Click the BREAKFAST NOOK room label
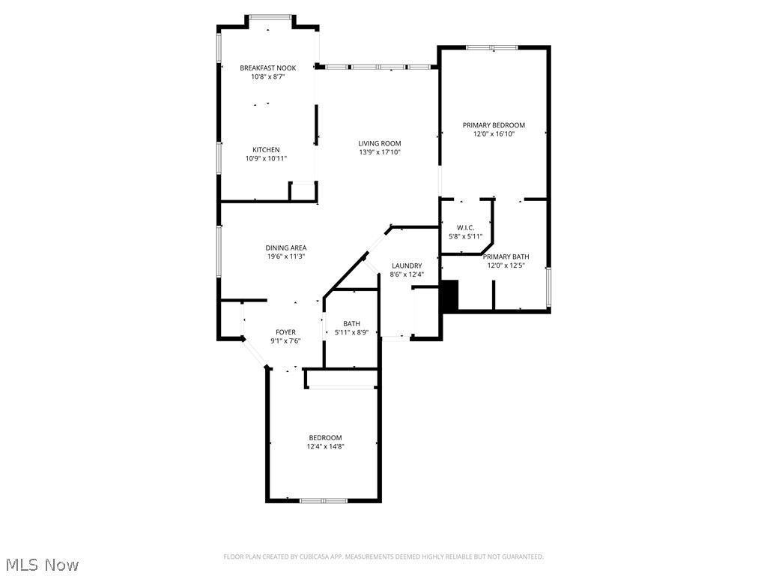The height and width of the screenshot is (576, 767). click(x=267, y=68)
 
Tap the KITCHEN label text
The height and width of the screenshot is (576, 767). click(x=266, y=150)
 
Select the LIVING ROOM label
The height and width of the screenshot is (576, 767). click(x=379, y=143)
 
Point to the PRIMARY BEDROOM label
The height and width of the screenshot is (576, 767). click(x=494, y=125)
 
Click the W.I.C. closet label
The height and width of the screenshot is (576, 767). click(x=465, y=227)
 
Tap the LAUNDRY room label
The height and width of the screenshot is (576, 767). click(x=407, y=265)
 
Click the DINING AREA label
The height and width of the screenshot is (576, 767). click(x=285, y=247)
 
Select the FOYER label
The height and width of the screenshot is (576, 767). click(x=285, y=332)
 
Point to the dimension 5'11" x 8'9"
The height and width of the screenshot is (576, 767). click(x=351, y=332)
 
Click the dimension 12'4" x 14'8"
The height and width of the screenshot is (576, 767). click(x=325, y=446)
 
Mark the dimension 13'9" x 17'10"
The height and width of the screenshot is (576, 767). click(x=379, y=152)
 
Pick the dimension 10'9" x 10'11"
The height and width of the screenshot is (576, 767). click(x=266, y=158)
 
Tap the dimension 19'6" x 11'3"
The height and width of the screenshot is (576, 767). click(x=285, y=256)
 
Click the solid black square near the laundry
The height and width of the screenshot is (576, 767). click(x=449, y=295)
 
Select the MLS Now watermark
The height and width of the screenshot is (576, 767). click(x=41, y=564)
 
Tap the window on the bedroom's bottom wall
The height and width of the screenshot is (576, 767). click(x=324, y=500)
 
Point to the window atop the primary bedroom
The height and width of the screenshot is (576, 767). click(x=492, y=48)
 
